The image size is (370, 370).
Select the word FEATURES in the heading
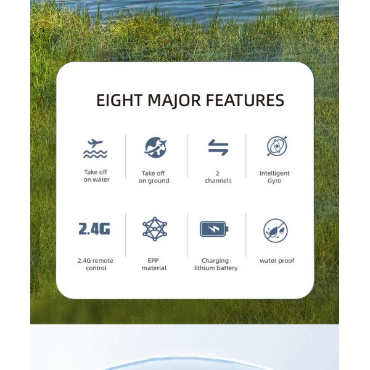pyautogui.click(x=245, y=101)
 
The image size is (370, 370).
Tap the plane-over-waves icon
pyautogui.click(x=95, y=148)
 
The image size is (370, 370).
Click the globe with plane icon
pyautogui.click(x=155, y=147)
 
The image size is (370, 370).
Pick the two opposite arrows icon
pyautogui.click(x=218, y=147)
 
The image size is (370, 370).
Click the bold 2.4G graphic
pyautogui.click(x=94, y=229)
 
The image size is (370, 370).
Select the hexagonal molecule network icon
pyautogui.click(x=154, y=229)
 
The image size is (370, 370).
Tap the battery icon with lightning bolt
pyautogui.click(x=214, y=229)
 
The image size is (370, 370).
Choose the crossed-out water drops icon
pyautogui.click(x=275, y=230)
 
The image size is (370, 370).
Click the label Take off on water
pyautogui.click(x=96, y=176)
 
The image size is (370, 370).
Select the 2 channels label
pyautogui.click(x=218, y=177)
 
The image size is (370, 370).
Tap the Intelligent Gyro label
pyautogui.click(x=274, y=177)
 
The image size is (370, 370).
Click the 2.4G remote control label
pyautogui.click(x=96, y=265)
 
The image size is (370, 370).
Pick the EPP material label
pyautogui.click(x=154, y=265)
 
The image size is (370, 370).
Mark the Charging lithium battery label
pyautogui.click(x=215, y=265)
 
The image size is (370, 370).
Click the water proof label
pyautogui.click(x=277, y=261)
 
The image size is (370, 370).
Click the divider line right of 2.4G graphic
pyautogui.click(x=126, y=234)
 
